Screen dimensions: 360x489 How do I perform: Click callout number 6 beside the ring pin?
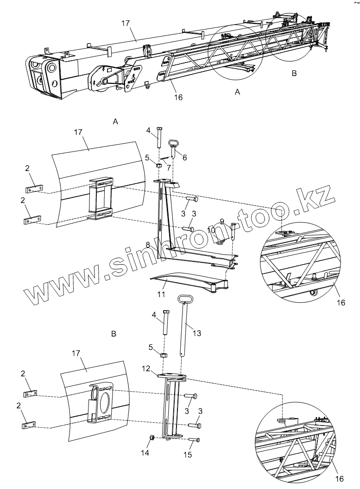click(x=184, y=158)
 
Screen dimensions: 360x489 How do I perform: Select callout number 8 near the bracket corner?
click(x=148, y=244)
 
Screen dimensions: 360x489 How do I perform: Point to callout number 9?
click(x=222, y=221)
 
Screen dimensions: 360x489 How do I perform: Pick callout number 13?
click(x=196, y=333)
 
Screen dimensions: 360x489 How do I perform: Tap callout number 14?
click(x=145, y=452)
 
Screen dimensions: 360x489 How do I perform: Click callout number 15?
click(x=187, y=455)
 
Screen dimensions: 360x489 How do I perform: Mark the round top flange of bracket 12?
click(x=172, y=376)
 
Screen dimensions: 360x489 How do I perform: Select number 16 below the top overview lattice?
click(x=178, y=97)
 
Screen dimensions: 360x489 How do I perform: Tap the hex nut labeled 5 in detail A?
click(x=158, y=165)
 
